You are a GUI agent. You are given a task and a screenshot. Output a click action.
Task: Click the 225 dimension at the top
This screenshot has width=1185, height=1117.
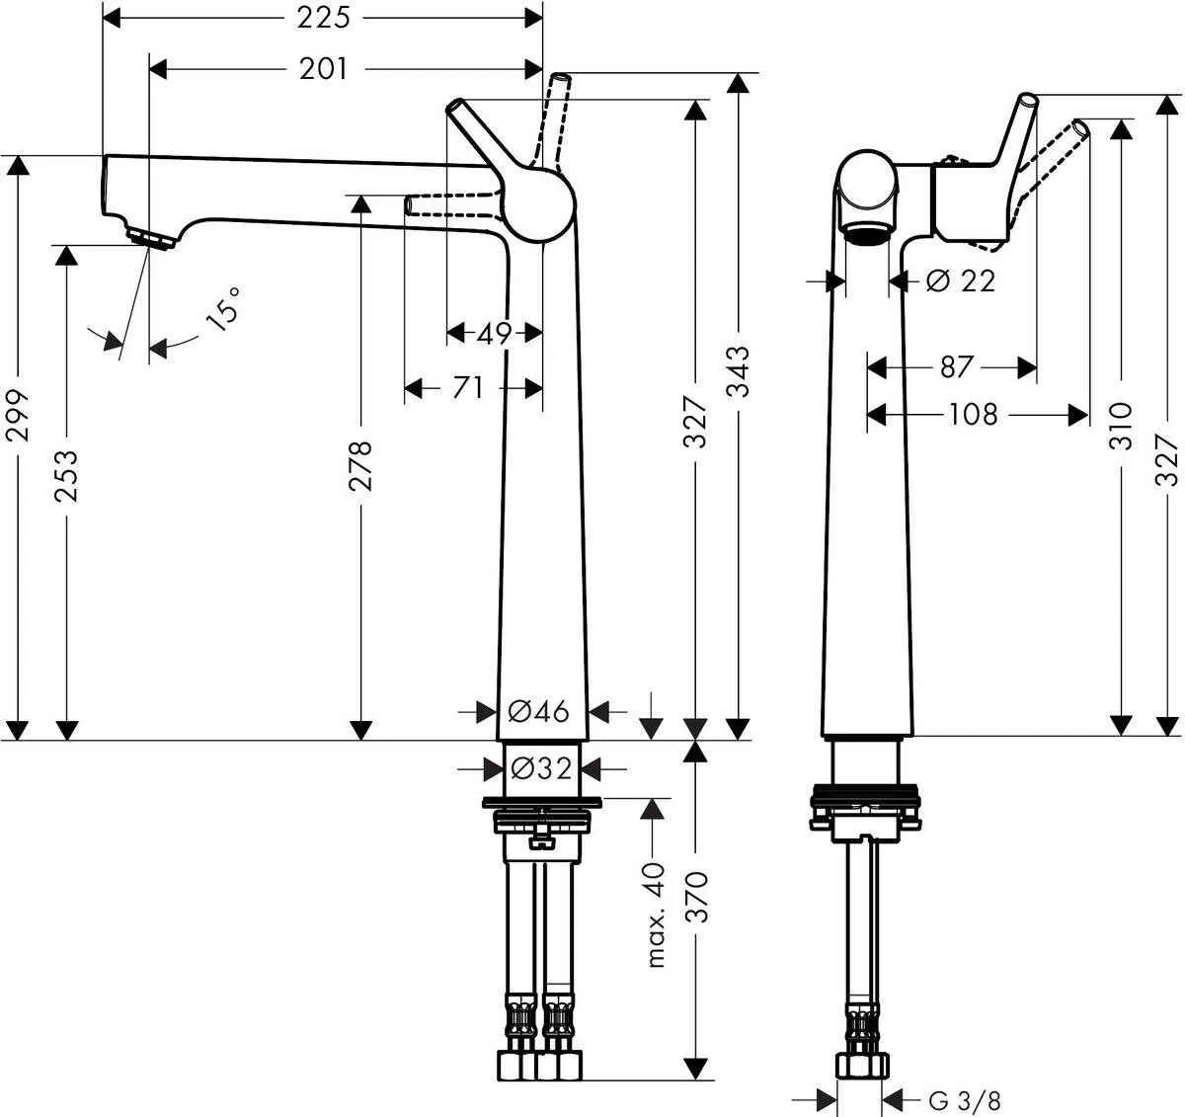point(324,17)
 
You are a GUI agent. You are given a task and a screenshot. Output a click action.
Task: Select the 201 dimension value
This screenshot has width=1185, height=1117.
point(324,68)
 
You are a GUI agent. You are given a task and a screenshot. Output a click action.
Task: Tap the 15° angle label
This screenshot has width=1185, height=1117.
point(223,308)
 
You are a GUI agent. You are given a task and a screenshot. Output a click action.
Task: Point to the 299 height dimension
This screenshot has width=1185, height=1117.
point(17,415)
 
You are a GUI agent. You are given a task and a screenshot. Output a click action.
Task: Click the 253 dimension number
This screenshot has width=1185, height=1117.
point(66,476)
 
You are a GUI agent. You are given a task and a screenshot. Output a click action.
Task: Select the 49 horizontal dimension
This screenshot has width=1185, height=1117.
point(494,334)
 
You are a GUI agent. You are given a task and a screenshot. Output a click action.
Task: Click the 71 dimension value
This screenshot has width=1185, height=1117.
point(468,388)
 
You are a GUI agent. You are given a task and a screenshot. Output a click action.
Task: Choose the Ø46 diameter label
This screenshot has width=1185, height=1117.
point(538,710)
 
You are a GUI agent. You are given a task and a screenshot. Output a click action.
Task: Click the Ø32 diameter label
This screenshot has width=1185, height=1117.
point(538,767)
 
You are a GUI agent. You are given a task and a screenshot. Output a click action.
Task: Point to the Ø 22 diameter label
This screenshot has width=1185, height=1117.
point(961,281)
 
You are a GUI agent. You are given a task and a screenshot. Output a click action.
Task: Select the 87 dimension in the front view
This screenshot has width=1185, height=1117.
point(955,367)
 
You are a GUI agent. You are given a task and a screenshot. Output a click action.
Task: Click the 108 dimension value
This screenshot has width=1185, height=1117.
point(974,414)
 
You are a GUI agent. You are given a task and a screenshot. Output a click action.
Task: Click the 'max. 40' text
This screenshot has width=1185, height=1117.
point(656,914)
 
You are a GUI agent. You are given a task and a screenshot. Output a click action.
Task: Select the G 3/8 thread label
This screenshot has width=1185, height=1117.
point(958,1098)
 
